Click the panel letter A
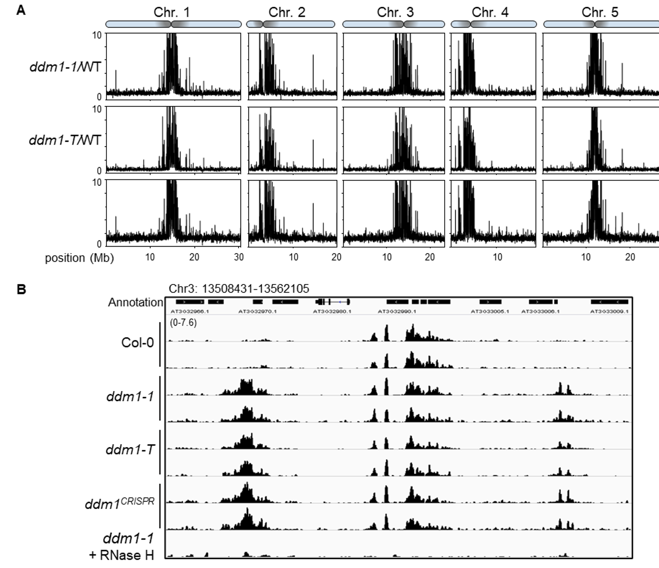tap(20, 10)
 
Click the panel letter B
tap(21, 290)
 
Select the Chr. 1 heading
tap(171, 12)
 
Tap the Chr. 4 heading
tap(490, 12)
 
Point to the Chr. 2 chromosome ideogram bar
tap(290, 24)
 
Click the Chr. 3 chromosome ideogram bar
tap(393, 24)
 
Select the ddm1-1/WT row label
tap(65, 67)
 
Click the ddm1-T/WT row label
tap(65, 140)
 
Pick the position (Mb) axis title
tap(79, 258)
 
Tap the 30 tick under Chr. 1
tap(239, 257)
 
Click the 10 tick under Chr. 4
tap(497, 257)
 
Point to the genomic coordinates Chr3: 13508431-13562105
tap(239, 289)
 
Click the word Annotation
tap(135, 302)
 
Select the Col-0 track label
tap(137, 343)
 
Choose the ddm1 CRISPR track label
tap(120, 503)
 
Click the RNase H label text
tap(121, 555)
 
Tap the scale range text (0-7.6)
tap(183, 322)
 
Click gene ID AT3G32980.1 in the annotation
tap(332, 312)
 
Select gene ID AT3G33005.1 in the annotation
tap(490, 312)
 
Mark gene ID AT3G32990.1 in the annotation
tap(397, 312)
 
